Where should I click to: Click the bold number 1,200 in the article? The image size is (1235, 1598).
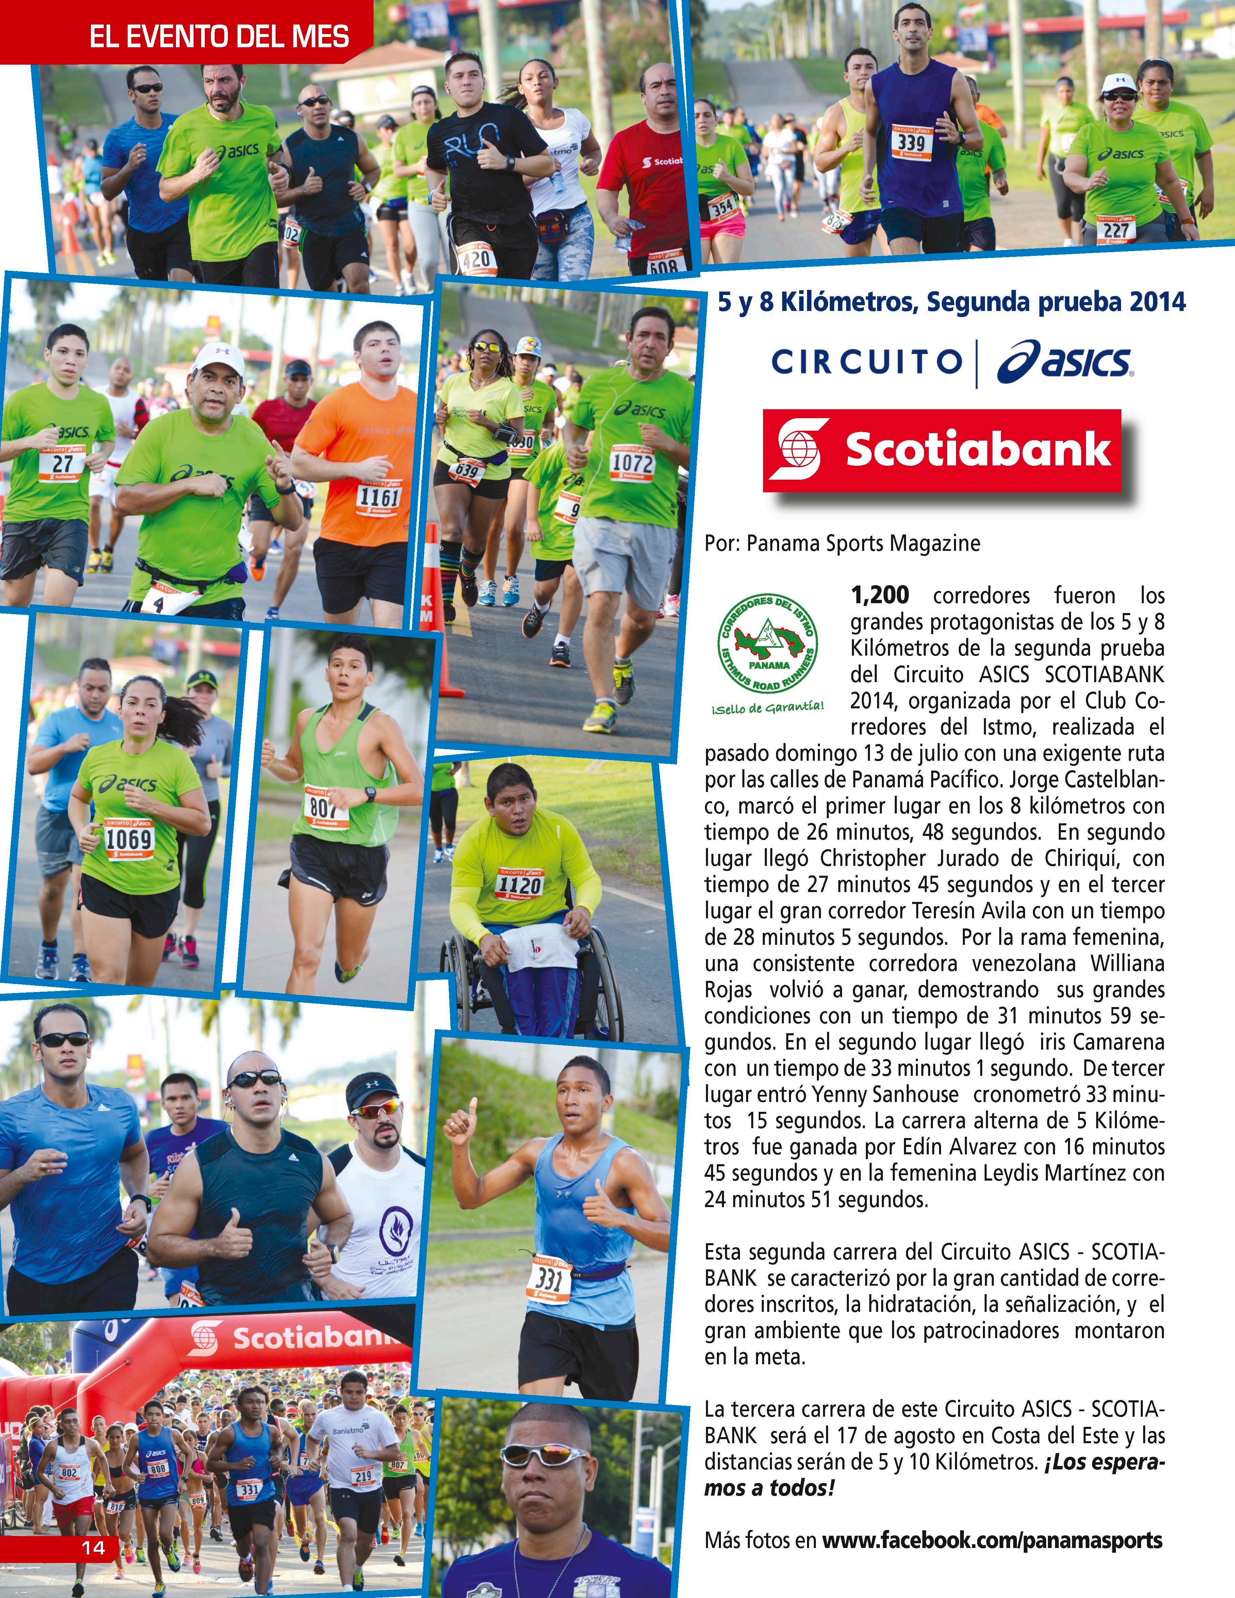(879, 595)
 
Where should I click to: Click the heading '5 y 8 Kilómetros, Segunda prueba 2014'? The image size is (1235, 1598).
(951, 301)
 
